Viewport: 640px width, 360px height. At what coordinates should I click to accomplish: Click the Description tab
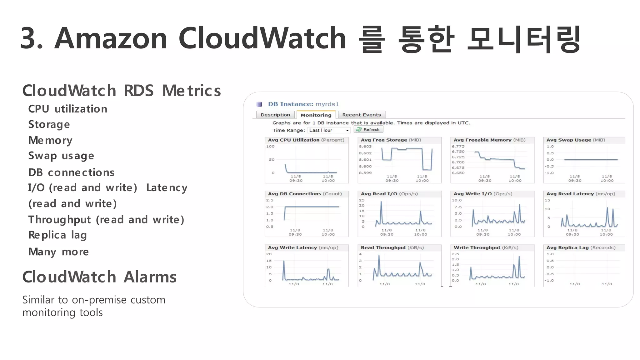(x=275, y=115)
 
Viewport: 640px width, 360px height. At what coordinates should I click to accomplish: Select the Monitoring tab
(x=316, y=115)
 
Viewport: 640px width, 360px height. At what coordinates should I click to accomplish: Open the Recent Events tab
(x=362, y=115)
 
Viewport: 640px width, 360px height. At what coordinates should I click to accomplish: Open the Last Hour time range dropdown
(x=329, y=130)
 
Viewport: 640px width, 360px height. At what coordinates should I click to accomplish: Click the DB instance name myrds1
(x=327, y=104)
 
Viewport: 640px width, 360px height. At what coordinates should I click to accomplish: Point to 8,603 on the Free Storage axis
(x=365, y=147)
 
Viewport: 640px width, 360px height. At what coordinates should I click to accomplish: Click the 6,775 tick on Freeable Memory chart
(x=458, y=147)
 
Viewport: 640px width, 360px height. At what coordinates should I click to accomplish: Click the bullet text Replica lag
(x=57, y=235)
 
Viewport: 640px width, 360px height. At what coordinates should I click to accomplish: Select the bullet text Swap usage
(x=61, y=156)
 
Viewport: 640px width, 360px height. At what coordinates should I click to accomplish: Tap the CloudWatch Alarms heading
(x=99, y=277)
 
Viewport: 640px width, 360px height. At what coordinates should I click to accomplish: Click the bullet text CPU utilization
(x=68, y=109)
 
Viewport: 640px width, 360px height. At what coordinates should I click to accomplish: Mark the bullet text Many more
(x=58, y=252)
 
